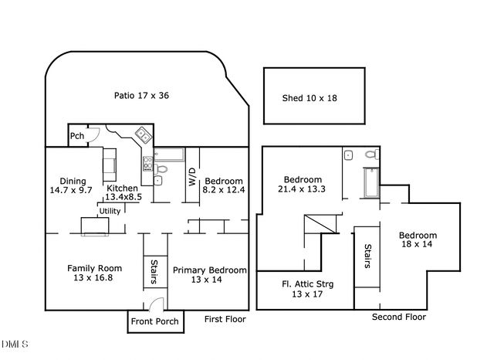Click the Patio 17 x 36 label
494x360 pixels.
141,96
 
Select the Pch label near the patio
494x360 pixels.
77,136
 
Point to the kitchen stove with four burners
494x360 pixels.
147,163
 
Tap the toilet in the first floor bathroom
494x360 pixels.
161,169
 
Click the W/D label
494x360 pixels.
192,177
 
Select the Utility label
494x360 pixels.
109,210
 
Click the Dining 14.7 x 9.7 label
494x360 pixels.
71,184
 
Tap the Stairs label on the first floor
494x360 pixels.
154,271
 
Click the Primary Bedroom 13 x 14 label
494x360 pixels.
210,275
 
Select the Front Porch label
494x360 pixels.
154,321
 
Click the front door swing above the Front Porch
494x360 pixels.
157,304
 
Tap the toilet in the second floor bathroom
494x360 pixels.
371,156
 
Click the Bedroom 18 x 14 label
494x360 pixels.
418,240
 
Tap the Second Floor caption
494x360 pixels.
398,317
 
